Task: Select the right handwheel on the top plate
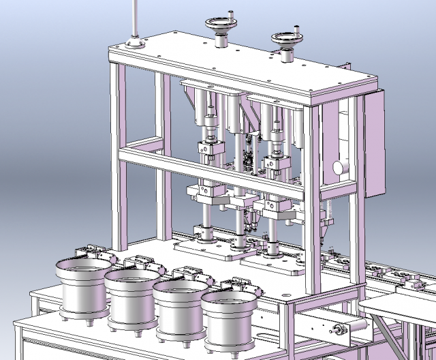click(287, 39)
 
